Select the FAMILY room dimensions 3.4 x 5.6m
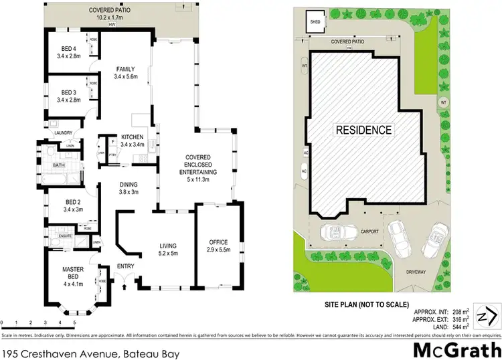pyautogui.click(x=125, y=77)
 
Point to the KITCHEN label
pyautogui.click(x=133, y=137)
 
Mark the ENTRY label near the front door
pyautogui.click(x=126, y=266)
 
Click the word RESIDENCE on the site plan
pyautogui.click(x=364, y=129)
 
